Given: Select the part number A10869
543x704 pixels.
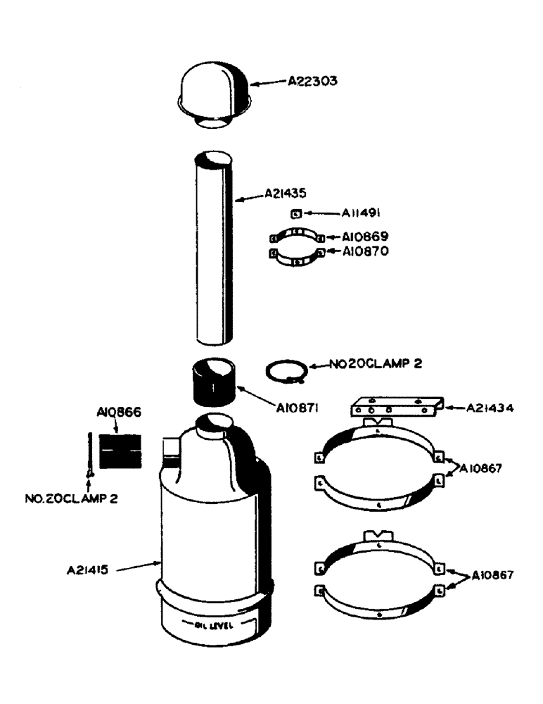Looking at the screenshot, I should point(366,237).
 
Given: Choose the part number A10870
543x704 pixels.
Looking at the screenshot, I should point(366,251).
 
